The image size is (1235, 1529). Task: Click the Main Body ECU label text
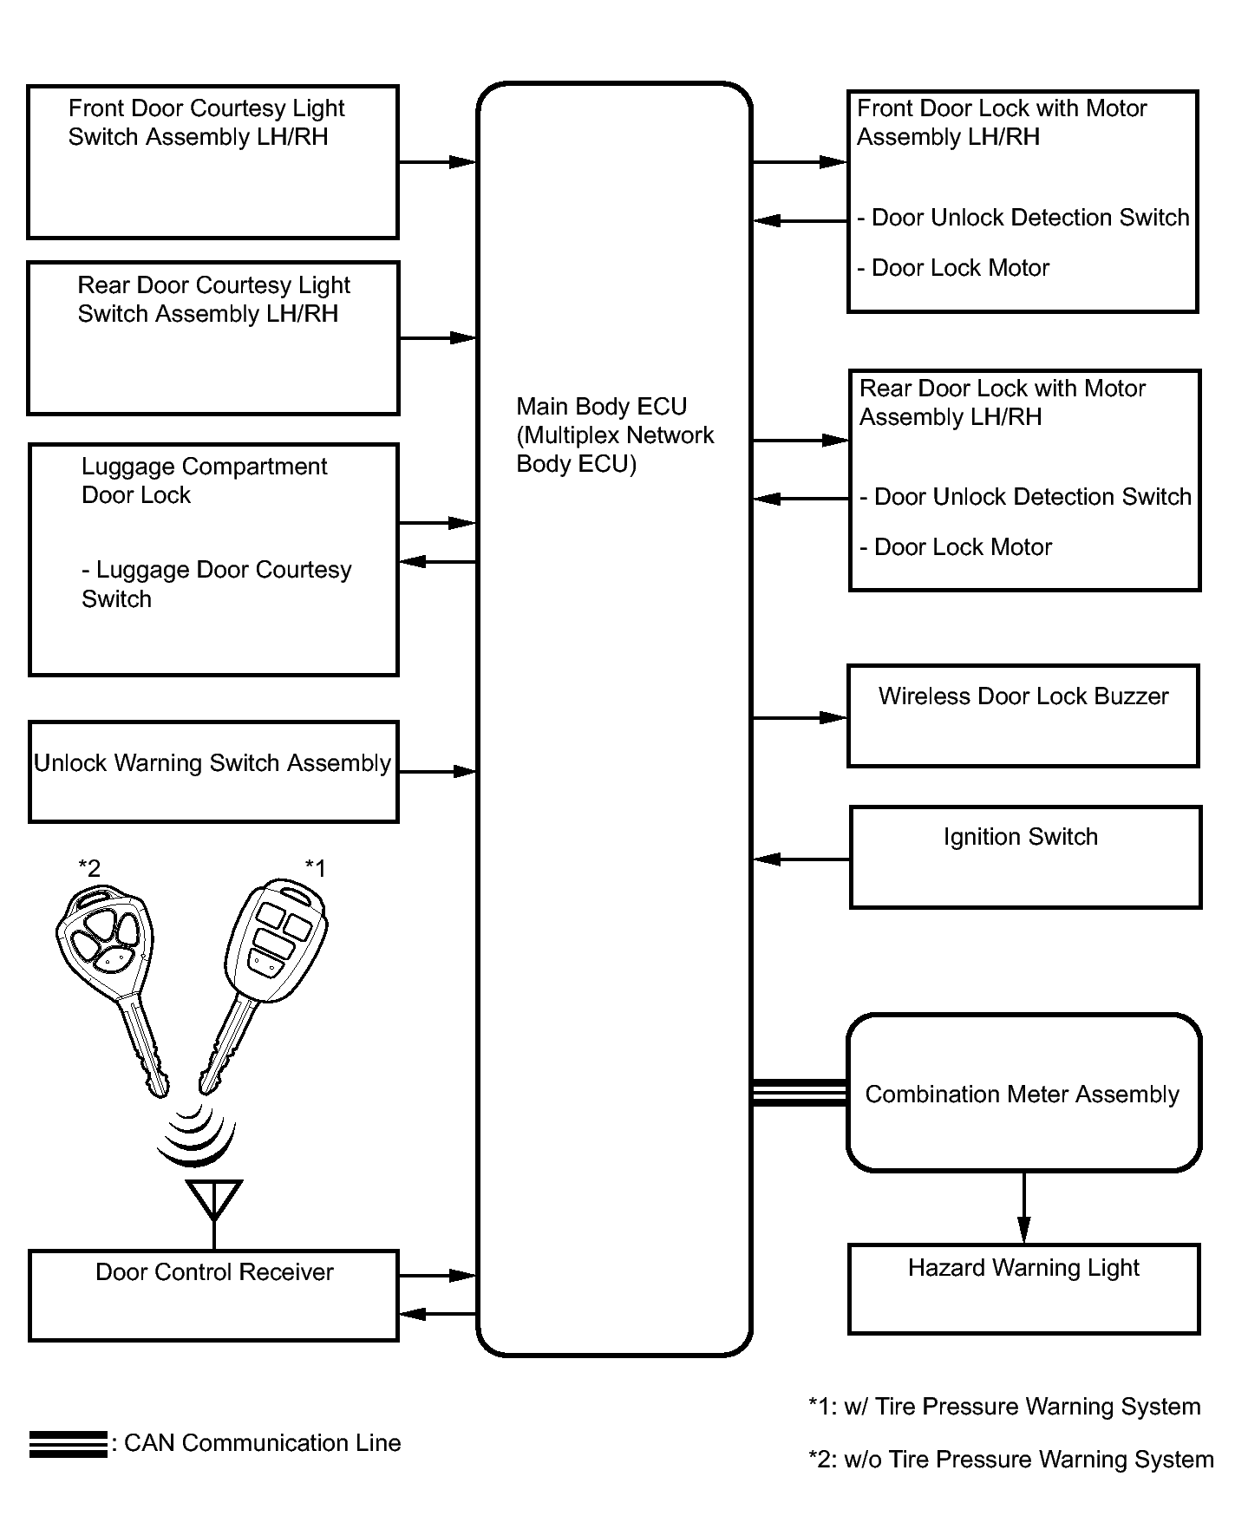point(614,435)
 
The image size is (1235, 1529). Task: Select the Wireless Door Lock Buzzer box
point(1023,715)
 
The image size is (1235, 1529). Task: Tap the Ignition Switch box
point(1025,857)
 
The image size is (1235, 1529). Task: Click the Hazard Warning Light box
point(1023,1289)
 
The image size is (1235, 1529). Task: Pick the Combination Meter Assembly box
point(1023,1093)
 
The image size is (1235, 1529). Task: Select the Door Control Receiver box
point(213,1295)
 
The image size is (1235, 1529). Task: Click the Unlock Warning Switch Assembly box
point(213,771)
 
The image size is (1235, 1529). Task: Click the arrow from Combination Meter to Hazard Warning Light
point(1023,1207)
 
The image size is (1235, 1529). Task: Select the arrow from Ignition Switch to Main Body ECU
point(800,859)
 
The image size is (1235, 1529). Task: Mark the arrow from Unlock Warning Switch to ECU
point(437,771)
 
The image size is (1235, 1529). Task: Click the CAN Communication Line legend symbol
point(68,1444)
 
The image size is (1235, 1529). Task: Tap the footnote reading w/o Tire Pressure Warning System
point(1011,1460)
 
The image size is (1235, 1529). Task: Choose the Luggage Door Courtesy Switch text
point(216,584)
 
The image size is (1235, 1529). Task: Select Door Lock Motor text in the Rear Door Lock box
point(962,547)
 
